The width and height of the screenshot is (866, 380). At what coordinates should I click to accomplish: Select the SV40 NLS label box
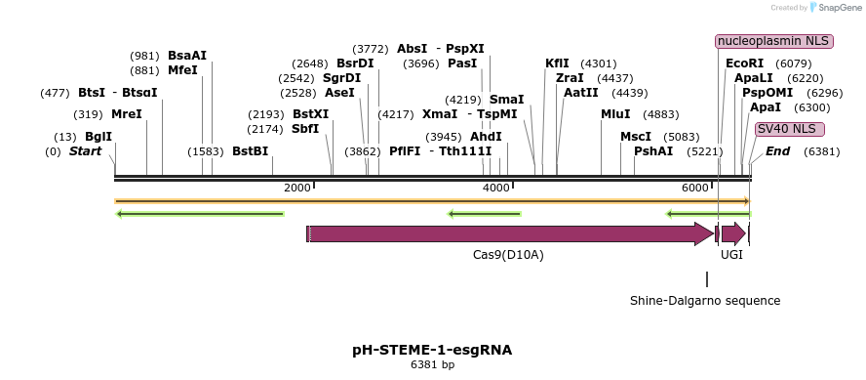(789, 129)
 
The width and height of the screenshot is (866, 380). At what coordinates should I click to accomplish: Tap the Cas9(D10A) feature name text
(508, 255)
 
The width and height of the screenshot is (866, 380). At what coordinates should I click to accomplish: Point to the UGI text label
(731, 255)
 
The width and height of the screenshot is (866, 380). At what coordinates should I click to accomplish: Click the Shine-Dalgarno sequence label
(705, 300)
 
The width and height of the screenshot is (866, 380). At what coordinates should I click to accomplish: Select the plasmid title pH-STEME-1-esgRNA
(432, 349)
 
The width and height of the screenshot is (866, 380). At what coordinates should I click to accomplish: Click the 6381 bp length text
(432, 365)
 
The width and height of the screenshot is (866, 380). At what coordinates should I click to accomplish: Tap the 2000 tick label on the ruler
(296, 188)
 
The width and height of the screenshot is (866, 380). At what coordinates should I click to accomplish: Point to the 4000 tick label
(496, 188)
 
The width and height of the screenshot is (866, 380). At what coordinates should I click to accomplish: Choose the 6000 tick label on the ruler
(694, 188)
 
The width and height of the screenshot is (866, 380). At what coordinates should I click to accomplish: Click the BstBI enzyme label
(250, 151)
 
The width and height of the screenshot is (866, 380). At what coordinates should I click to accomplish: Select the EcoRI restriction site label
(744, 63)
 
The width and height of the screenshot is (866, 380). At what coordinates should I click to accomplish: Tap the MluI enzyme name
(615, 114)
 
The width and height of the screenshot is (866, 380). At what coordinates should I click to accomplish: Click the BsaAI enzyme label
(187, 56)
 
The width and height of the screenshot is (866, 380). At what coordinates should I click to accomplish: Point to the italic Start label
(85, 151)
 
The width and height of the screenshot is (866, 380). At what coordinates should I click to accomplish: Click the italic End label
(777, 151)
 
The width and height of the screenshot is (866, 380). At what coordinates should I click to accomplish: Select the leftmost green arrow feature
(200, 214)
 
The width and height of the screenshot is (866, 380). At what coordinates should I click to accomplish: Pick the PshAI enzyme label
(653, 151)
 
